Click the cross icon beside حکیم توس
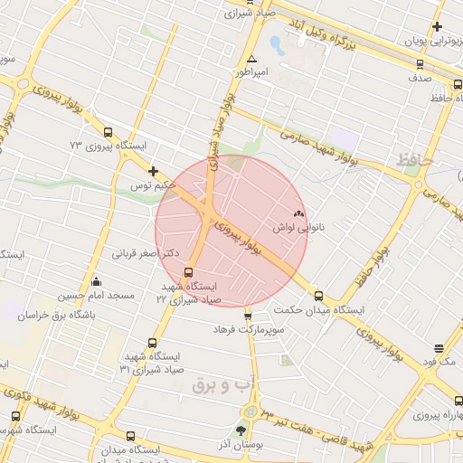(x=153, y=170)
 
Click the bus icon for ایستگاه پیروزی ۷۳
(x=109, y=131)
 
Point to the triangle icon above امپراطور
(x=239, y=59)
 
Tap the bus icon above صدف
(x=418, y=64)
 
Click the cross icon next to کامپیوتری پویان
(x=438, y=27)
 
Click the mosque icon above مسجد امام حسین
(x=97, y=281)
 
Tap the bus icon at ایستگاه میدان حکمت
(x=317, y=295)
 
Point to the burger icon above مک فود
(x=439, y=348)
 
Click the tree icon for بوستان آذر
(x=241, y=431)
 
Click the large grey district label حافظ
(x=416, y=162)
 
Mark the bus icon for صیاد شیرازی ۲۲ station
(x=189, y=272)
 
